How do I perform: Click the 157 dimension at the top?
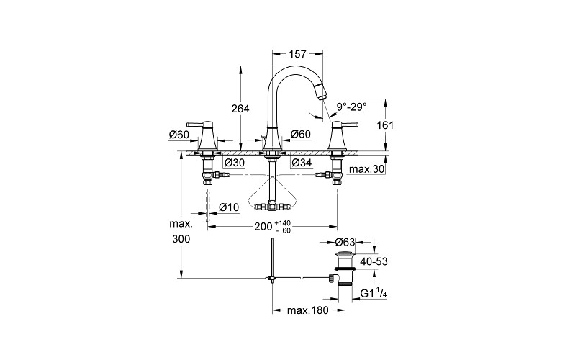pyautogui.click(x=297, y=54)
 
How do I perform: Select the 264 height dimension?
pyautogui.click(x=240, y=109)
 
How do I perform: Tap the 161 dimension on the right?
pyautogui.click(x=385, y=125)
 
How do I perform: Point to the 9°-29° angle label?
pyautogui.click(x=352, y=107)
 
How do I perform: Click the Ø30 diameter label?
pyautogui.click(x=235, y=163)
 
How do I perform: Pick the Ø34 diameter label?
pyautogui.click(x=302, y=163)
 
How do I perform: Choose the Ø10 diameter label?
pyautogui.click(x=229, y=207)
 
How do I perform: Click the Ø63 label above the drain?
pyautogui.click(x=345, y=242)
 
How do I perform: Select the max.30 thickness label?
pyautogui.click(x=367, y=169)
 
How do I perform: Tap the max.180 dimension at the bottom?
pyautogui.click(x=308, y=310)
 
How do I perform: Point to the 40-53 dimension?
pyautogui.click(x=374, y=261)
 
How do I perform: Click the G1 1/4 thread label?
pyautogui.click(x=374, y=293)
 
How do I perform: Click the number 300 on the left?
pyautogui.click(x=181, y=239)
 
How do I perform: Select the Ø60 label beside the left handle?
pyautogui.click(x=178, y=135)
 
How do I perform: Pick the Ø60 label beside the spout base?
pyautogui.click(x=301, y=134)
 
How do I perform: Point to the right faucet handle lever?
pyautogui.click(x=345, y=125)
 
